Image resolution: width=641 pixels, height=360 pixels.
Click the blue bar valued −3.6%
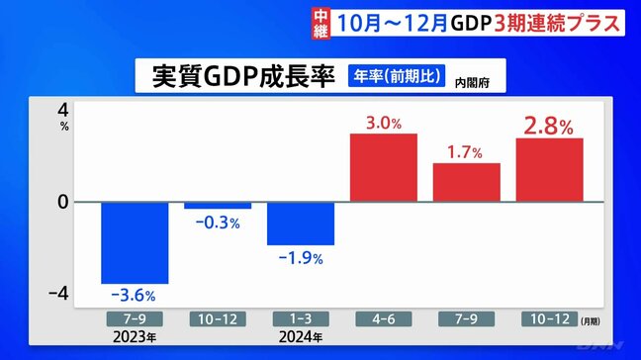pos(136,242)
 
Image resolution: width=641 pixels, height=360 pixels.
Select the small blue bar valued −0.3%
pos(218,206)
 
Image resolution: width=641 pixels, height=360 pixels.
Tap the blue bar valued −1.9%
pos(301,224)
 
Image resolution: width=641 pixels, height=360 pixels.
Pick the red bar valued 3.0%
pos(384,167)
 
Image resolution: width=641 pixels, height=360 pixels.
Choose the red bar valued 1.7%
pos(467,182)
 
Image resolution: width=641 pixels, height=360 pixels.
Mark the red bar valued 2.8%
pos(549,169)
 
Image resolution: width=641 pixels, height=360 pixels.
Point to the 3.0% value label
pos(384,124)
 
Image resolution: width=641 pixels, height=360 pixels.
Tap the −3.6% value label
pos(135,295)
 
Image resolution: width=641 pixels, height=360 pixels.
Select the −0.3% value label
pos(217,223)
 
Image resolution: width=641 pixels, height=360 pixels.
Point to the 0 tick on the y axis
pos(62,202)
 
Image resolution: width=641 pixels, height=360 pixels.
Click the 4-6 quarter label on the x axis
pos(384,319)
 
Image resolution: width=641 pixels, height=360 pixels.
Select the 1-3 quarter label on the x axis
pos(301,319)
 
